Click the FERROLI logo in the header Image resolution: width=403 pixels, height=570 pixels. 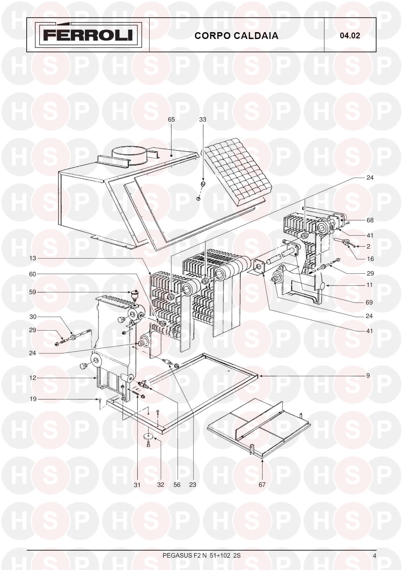point(88,34)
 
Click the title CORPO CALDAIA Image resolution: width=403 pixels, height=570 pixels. point(236,36)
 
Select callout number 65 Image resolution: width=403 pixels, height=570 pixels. point(171,120)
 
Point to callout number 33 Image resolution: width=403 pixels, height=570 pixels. point(203,120)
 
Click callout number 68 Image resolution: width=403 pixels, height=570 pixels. point(370,220)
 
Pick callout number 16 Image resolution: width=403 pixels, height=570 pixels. point(370,259)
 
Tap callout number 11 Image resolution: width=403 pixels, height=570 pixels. point(369,285)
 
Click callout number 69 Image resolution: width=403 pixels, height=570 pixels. point(369,302)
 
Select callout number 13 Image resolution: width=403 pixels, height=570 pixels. point(33,258)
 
